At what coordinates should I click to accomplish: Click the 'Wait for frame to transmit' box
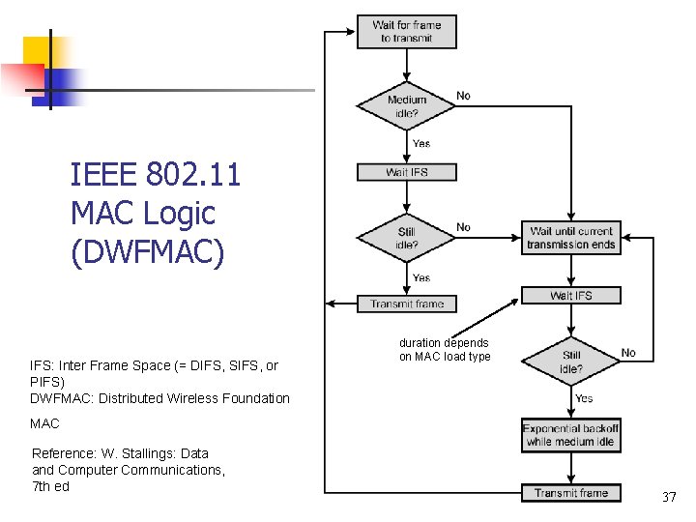[406, 31]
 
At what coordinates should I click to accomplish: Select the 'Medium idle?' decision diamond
[406, 106]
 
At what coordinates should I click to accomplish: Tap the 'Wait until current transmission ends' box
[570, 238]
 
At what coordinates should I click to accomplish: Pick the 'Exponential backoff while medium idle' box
[570, 435]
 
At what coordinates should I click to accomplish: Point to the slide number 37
[669, 497]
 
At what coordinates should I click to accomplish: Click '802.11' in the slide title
[193, 175]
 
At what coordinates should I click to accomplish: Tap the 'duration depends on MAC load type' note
[445, 350]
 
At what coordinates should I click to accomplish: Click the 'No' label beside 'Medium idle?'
[464, 96]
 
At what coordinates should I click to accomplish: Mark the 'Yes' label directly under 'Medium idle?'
[421, 143]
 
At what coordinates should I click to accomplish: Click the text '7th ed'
[50, 486]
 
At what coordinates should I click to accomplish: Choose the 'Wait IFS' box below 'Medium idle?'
[406, 172]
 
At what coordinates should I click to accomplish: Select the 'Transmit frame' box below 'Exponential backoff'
[570, 493]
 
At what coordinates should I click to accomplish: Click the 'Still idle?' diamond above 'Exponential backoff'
[571, 362]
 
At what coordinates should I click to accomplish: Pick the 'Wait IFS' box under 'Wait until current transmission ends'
[570, 295]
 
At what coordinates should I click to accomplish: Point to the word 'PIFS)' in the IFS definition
[47, 382]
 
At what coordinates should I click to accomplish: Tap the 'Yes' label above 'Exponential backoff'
[584, 398]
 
